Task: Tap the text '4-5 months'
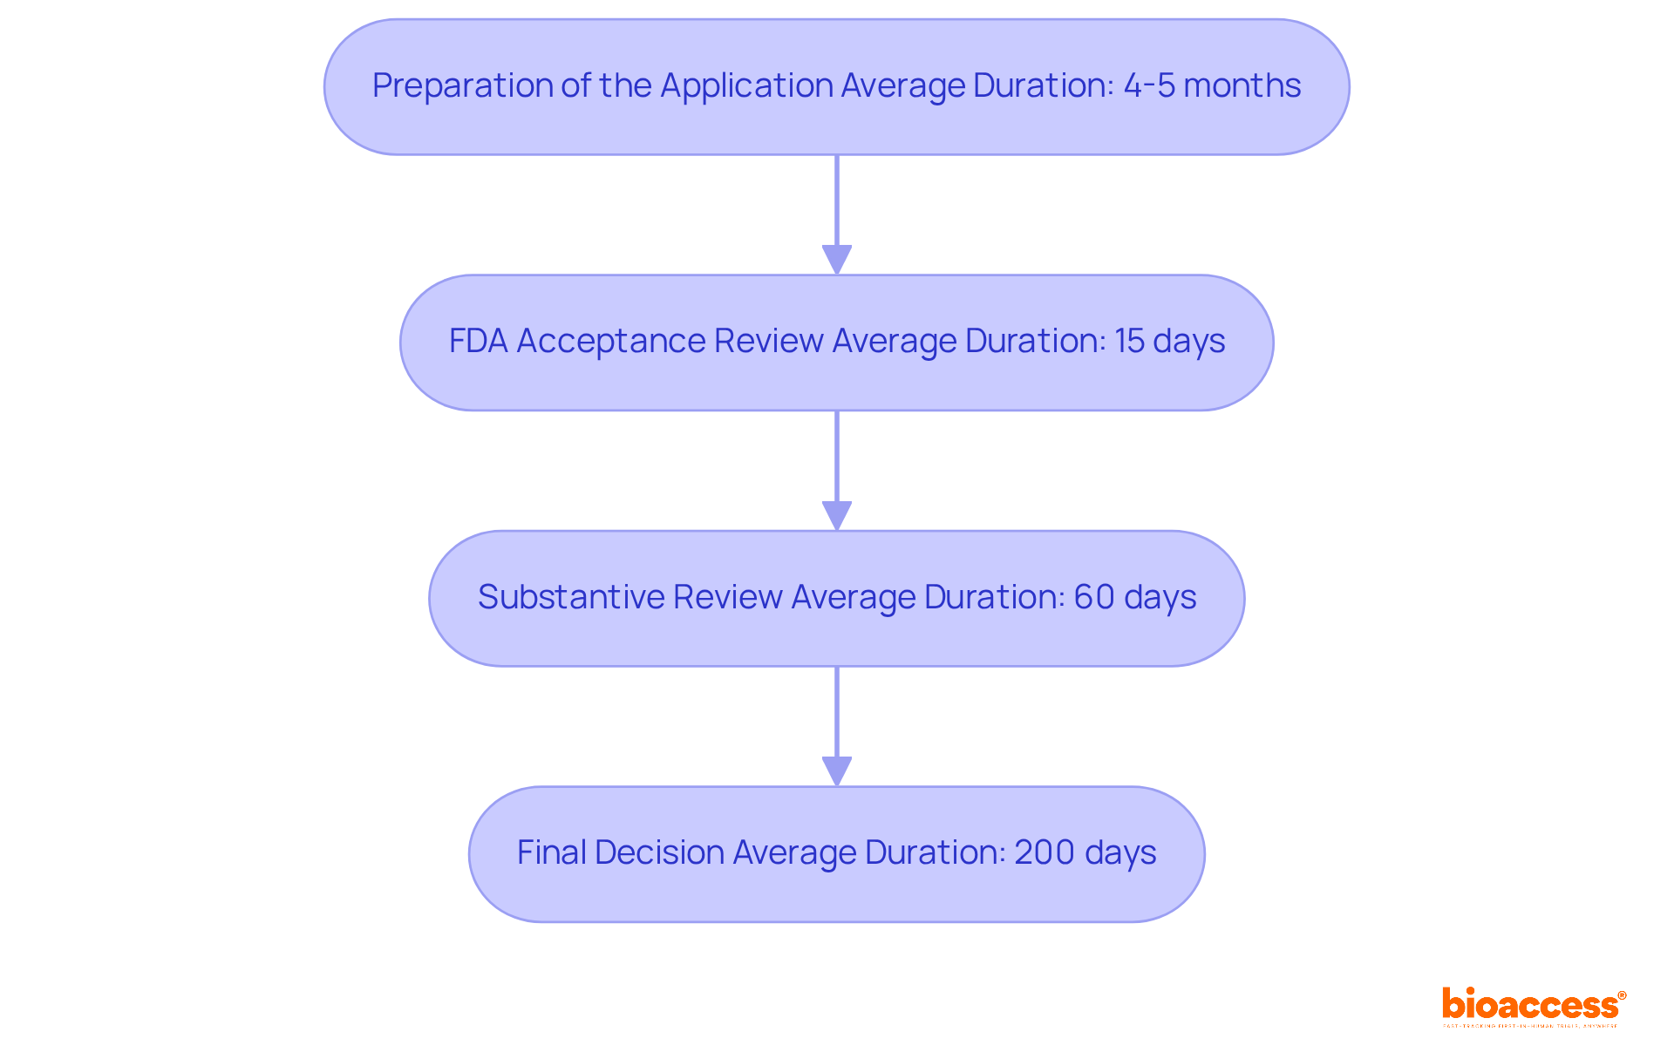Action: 1211,85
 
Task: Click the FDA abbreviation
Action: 478,341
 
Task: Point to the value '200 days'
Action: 1085,852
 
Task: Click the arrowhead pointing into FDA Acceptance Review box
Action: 837,260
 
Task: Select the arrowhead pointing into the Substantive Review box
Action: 837,515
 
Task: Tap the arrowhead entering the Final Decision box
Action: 837,771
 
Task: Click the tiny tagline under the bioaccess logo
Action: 1530,1026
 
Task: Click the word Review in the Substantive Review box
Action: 727,597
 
